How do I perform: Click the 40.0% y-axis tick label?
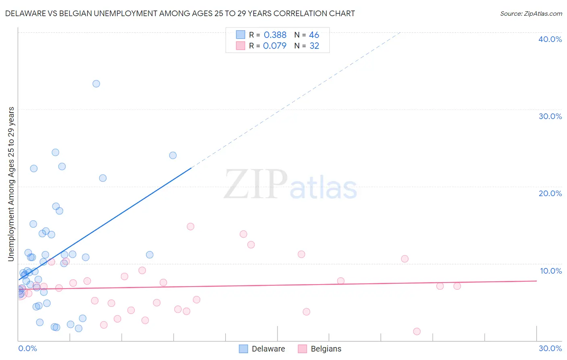(550, 39)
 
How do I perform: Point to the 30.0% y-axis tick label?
(550, 116)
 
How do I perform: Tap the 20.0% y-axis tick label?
(550, 193)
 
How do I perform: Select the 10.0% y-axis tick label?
(551, 271)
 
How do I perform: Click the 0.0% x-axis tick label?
(27, 348)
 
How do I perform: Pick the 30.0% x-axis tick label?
(550, 348)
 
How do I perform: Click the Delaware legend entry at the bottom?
(262, 349)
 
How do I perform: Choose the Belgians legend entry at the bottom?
(320, 349)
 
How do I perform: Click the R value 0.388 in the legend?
(275, 35)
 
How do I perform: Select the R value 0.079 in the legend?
(275, 46)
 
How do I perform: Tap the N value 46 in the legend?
(314, 35)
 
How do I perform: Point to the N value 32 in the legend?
(314, 46)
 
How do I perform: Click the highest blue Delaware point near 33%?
(96, 84)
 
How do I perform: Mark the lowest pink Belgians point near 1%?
(417, 331)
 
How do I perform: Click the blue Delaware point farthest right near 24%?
(173, 155)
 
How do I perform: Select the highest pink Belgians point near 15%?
(190, 226)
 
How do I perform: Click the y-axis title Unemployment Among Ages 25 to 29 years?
(11, 184)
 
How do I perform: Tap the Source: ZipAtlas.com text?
(531, 14)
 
